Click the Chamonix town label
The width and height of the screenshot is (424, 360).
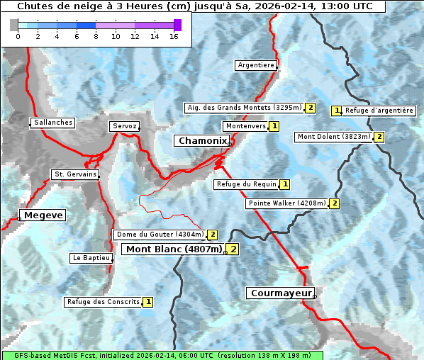tap(202, 141)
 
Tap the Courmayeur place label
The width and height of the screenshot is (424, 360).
tap(279, 293)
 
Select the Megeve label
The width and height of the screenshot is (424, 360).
tap(43, 215)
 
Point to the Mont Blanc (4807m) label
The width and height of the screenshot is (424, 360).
tap(174, 249)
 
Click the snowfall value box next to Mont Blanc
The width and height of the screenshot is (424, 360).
tap(233, 249)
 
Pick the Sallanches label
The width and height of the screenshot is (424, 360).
tap(52, 123)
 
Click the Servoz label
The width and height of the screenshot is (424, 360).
tap(124, 126)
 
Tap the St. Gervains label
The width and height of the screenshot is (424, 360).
tap(75, 174)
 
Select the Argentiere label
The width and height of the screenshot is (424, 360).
tap(256, 65)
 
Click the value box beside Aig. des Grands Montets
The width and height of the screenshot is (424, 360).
tap(310, 108)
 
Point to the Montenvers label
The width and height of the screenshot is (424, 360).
tap(245, 126)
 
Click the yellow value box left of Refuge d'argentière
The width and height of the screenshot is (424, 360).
tap(337, 111)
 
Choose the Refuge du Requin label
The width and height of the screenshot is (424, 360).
tap(246, 184)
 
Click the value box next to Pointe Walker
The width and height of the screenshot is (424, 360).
tap(335, 203)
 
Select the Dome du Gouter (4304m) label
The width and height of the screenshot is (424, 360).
tap(160, 235)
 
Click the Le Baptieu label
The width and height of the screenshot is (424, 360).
tap(90, 258)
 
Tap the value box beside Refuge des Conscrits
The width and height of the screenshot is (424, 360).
tap(147, 302)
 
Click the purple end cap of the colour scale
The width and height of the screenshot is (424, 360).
tap(177, 25)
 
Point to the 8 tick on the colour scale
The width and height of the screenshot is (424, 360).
tap(96, 36)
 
